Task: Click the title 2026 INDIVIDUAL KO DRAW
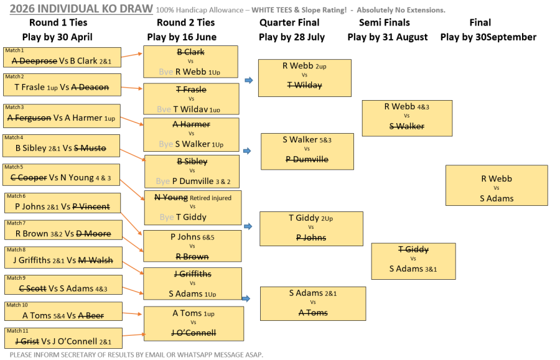(81, 9)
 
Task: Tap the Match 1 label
(14, 50)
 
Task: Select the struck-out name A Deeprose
(34, 61)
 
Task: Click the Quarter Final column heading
(289, 22)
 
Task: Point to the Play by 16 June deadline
(182, 37)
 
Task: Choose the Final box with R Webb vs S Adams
(497, 185)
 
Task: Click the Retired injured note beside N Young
(210, 198)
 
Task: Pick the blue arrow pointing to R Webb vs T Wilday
(249, 80)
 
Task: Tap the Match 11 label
(17, 331)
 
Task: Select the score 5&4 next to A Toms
(59, 316)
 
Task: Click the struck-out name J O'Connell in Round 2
(194, 333)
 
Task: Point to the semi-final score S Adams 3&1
(413, 269)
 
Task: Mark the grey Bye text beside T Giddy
(167, 217)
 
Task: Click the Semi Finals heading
(385, 22)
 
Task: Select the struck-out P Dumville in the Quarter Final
(307, 160)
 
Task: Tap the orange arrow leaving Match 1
(132, 55)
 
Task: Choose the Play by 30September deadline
(488, 37)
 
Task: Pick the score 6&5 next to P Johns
(208, 238)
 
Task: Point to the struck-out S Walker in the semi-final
(407, 126)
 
